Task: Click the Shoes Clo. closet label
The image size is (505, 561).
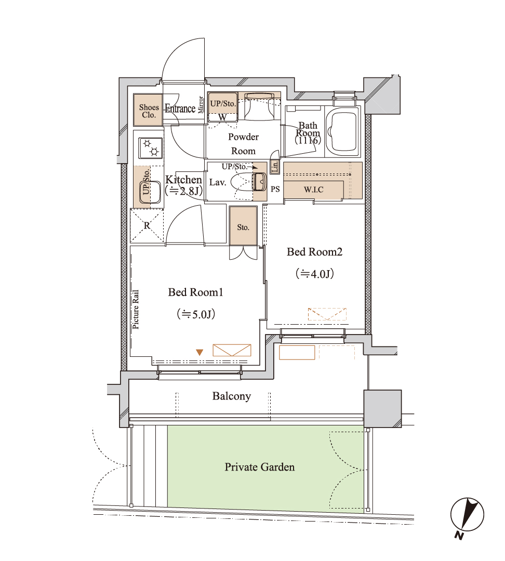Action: pos(149,111)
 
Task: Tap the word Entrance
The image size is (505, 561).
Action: pos(180,109)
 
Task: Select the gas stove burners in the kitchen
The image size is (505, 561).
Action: pos(151,148)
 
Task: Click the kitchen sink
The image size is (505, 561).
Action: pos(150,193)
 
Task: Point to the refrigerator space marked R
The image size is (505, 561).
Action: pos(147,226)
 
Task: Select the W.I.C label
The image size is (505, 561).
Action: pos(314,190)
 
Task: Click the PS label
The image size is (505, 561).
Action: pos(275,189)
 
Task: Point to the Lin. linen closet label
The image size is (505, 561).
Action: pos(274,166)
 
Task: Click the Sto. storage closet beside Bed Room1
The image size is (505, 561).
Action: pos(243,226)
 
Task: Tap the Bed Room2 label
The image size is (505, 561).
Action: pos(315,252)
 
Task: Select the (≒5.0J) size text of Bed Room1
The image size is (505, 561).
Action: pos(196,314)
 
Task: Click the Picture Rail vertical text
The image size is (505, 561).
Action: pos(135,309)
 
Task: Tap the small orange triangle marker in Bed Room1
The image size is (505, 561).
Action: pos(200,352)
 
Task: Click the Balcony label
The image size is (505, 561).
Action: pos(232,396)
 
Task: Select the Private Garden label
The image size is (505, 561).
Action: pos(259,467)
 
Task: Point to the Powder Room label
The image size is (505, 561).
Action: pos(243,144)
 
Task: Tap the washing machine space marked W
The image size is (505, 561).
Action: pos(222,117)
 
